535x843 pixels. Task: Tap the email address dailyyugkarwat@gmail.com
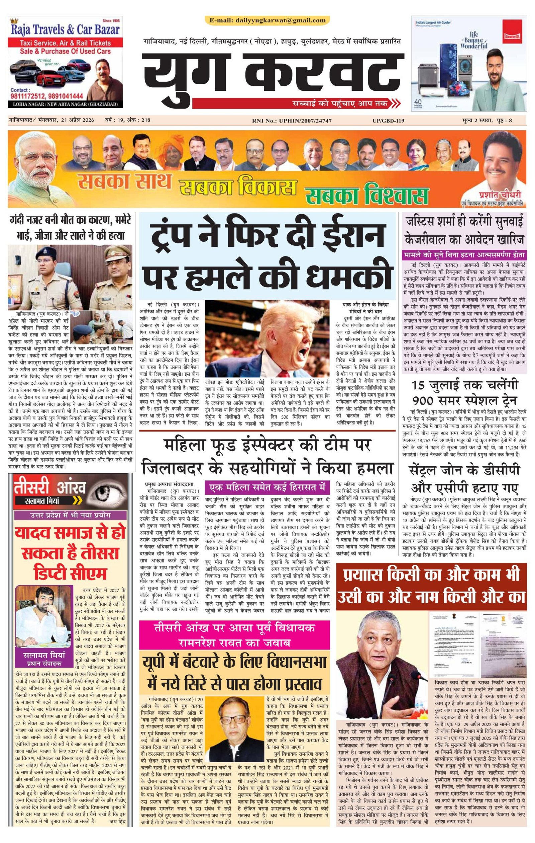pos(267,20)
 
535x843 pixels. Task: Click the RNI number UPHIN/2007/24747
pos(305,121)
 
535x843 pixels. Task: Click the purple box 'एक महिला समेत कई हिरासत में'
pos(267,487)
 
